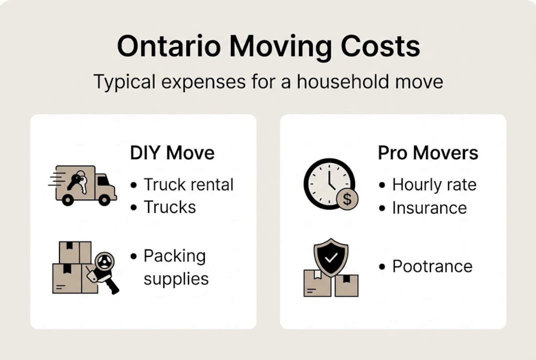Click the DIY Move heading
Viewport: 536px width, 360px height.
[172, 153]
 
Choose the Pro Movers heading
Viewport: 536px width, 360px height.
[428, 153]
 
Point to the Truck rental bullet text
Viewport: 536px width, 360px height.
[188, 184]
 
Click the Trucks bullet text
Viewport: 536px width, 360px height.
[170, 206]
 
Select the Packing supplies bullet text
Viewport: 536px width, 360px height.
[175, 267]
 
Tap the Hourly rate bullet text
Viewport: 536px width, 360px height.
[434, 184]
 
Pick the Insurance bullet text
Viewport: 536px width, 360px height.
[429, 207]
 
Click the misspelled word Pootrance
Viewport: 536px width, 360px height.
[432, 266]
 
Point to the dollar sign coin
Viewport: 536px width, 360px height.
[347, 199]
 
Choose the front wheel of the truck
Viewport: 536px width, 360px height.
[104, 199]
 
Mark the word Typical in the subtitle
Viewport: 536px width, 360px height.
[124, 81]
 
